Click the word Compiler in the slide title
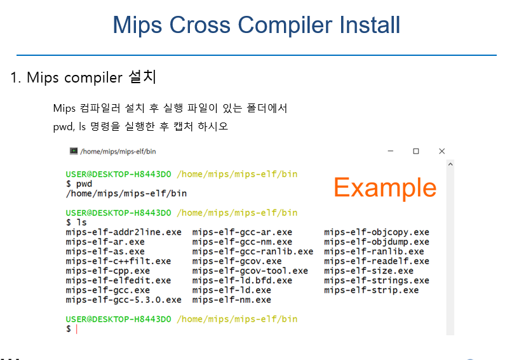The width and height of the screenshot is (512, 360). click(285, 25)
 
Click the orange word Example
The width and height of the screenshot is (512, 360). click(385, 188)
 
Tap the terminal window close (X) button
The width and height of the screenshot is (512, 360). click(441, 151)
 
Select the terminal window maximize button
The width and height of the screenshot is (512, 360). click(416, 151)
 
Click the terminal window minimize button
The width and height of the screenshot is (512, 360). click(391, 151)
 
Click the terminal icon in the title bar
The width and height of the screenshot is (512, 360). click(74, 150)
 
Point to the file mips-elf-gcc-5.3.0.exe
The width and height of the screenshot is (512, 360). click(123, 300)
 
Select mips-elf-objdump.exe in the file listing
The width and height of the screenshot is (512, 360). click(377, 242)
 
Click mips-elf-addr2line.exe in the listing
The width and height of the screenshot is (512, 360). click(123, 232)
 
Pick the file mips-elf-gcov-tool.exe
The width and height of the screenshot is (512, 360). click(250, 271)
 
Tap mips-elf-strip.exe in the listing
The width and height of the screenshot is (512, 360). click(371, 290)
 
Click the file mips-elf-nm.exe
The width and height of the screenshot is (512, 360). click(231, 300)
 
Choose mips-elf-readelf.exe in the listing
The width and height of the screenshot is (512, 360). click(377, 261)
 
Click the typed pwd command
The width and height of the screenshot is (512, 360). click(84, 184)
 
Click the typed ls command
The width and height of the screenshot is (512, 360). click(81, 223)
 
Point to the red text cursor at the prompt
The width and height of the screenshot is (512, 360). click(77, 329)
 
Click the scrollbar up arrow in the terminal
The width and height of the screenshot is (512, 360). click(450, 164)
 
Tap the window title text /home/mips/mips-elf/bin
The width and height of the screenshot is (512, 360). click(118, 152)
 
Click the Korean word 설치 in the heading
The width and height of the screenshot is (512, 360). click(142, 77)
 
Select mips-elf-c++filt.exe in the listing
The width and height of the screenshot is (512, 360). click(118, 261)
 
